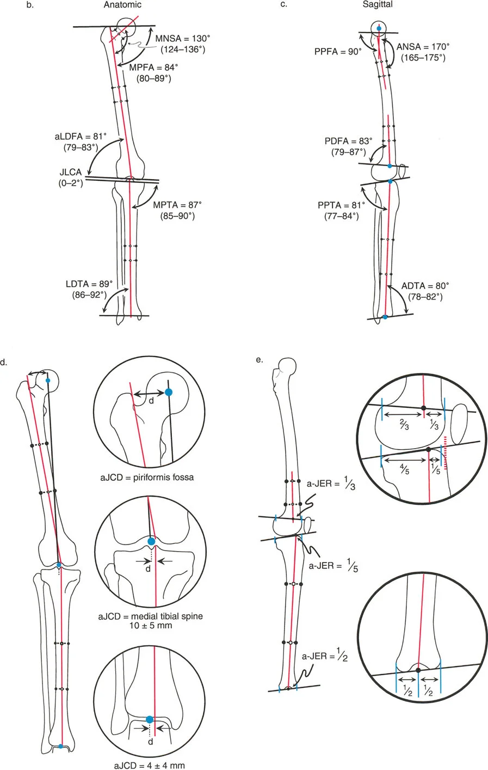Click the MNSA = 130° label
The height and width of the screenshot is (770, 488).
183,39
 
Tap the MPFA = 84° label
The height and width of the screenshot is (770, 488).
154,68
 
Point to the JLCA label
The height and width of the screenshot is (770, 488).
71,173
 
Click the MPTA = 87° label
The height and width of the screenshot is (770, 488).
177,205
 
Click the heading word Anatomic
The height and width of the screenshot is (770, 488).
122,5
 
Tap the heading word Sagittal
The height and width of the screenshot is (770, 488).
378,5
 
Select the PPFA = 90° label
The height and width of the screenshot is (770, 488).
335,52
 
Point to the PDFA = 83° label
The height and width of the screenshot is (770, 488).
348,142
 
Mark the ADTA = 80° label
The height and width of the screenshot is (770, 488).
425,286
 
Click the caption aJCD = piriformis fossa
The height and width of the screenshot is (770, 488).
147,478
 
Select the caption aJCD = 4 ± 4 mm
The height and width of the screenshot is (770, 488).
149,765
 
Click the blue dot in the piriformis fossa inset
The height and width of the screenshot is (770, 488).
169,392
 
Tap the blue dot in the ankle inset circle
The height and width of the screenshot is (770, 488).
150,720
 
